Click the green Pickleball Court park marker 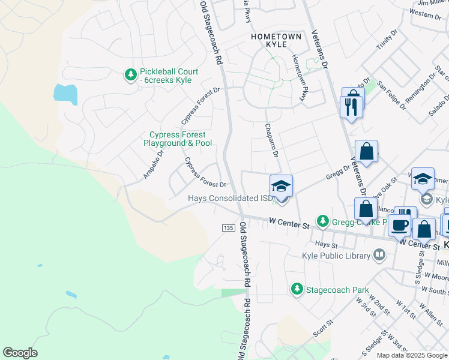pos(130,74)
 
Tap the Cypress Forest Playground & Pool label pos(177,139)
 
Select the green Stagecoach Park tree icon pos(297,290)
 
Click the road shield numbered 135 pos(228,228)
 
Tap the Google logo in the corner pos(20,353)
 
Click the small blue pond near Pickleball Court pos(65,94)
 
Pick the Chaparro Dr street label pos(271,140)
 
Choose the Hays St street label pos(327,244)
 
